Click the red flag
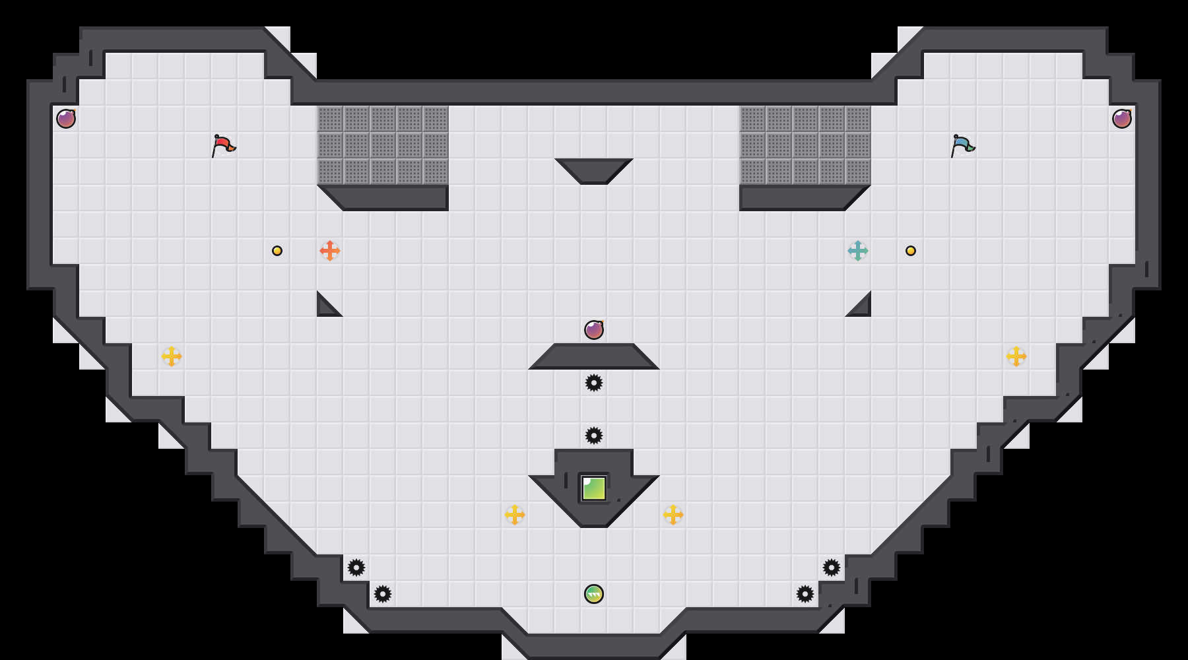(223, 145)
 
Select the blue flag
(962, 145)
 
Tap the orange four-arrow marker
(330, 251)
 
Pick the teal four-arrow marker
(858, 251)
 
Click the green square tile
(594, 488)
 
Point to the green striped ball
(594, 594)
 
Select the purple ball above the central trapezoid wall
(594, 330)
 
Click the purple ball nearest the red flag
(66, 119)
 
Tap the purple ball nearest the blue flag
(1122, 119)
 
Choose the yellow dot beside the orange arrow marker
(277, 251)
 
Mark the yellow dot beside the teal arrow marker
(911, 251)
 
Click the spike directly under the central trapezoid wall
(594, 383)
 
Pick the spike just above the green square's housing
(594, 436)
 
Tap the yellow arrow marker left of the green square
(515, 515)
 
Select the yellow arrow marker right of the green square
(673, 515)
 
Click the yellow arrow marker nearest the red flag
(172, 356)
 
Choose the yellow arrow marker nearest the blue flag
(1016, 356)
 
